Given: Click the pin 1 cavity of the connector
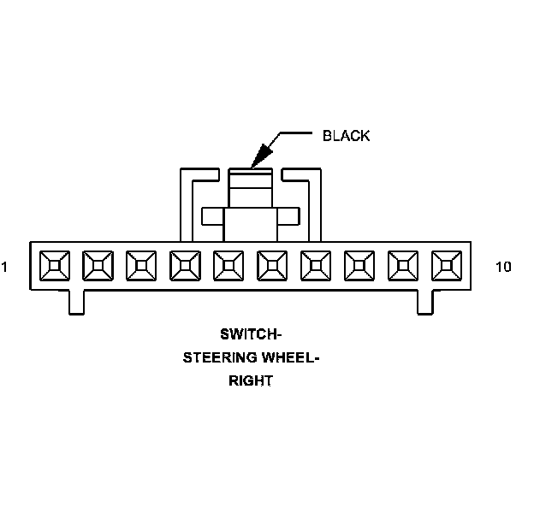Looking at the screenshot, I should [54, 266].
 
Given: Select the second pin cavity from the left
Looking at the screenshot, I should [98, 266].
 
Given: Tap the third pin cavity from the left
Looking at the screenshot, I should [141, 266].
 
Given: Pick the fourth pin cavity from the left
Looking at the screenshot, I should [185, 266].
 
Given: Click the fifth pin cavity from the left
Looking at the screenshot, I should [228, 266].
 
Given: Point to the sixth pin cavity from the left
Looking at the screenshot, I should [272, 266].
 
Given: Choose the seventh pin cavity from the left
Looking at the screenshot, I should [316, 266].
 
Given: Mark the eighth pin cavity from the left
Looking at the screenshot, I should [359, 266].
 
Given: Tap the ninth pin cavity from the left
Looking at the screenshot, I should [403, 266].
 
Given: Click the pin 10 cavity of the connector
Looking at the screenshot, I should [447, 266].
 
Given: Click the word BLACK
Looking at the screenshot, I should [346, 136].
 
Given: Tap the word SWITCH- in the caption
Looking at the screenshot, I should [251, 333].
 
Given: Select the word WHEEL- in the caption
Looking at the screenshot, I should [288, 357].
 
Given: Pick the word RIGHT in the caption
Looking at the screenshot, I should [250, 381].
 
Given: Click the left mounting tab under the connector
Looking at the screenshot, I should [77, 302].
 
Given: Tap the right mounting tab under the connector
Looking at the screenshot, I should [424, 302].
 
